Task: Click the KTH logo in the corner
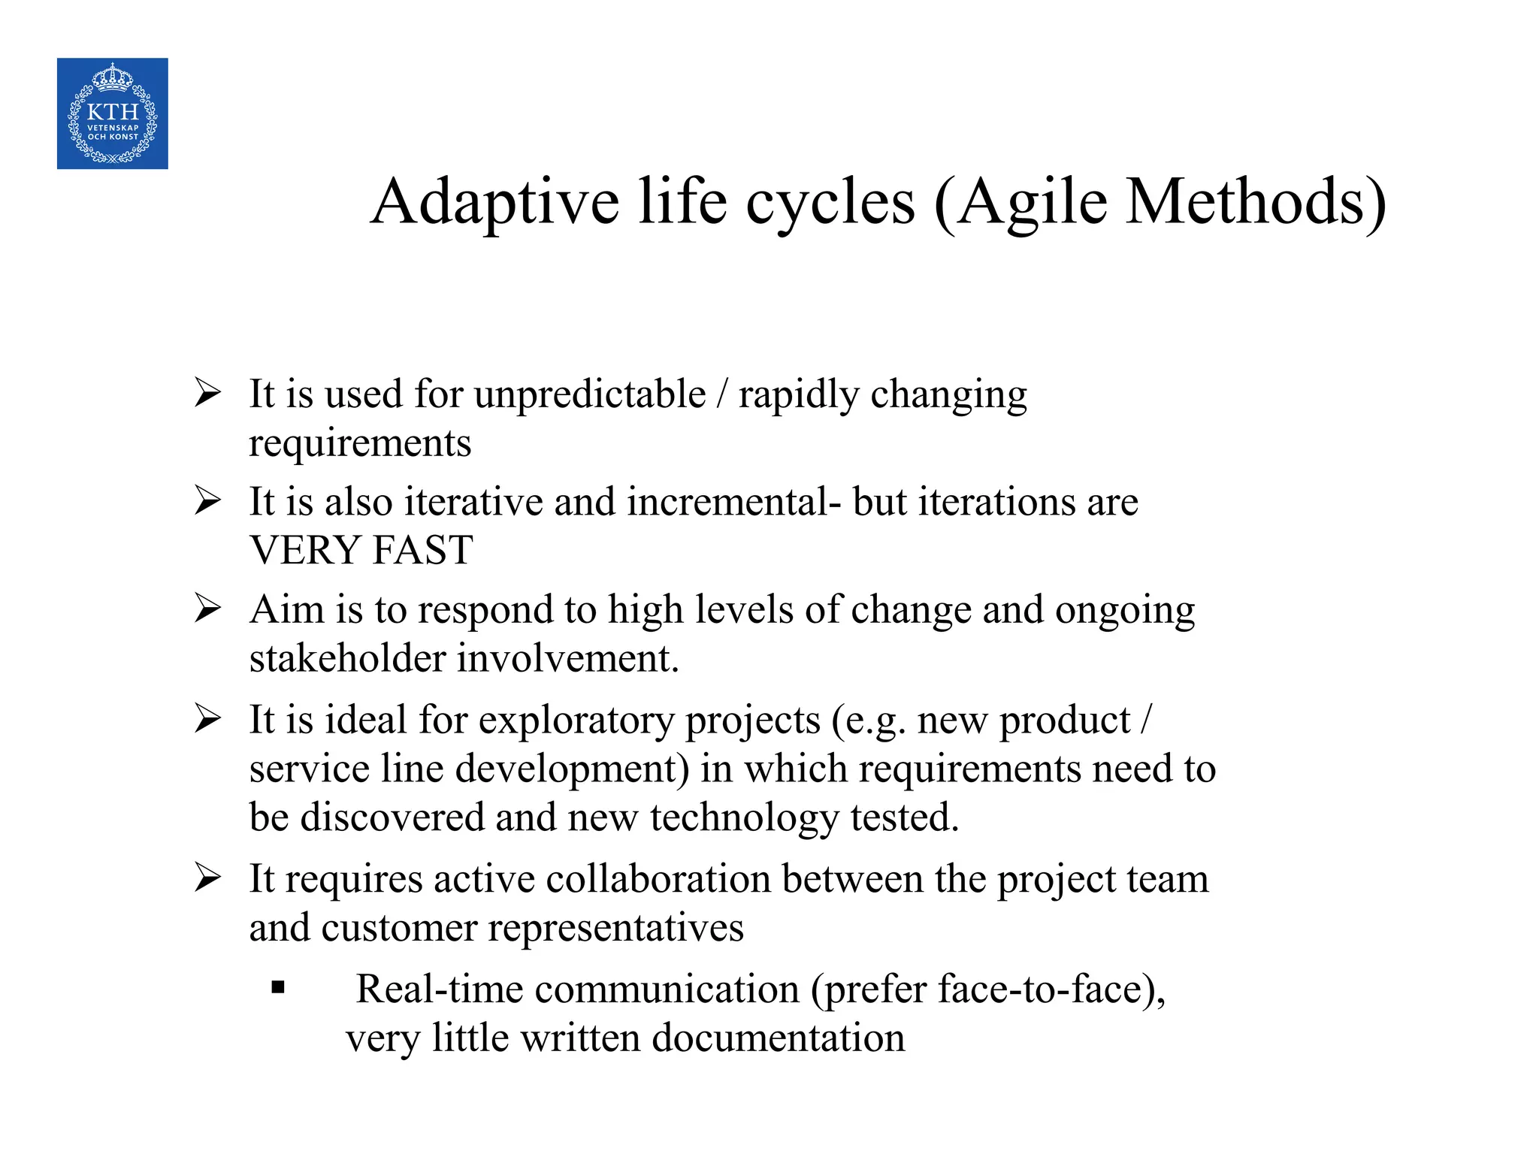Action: [113, 113]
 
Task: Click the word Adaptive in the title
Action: [495, 203]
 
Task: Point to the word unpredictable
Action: [590, 395]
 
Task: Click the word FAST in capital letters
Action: [423, 550]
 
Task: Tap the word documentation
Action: [779, 1038]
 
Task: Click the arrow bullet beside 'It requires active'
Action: [207, 877]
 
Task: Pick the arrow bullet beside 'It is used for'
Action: [207, 392]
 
